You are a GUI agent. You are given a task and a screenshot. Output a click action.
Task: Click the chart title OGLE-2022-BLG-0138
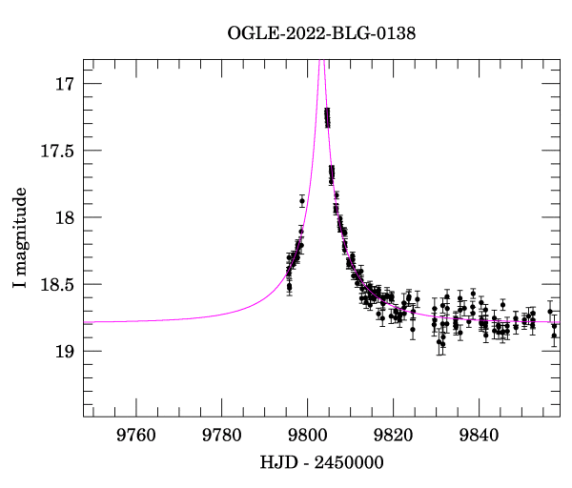tap(321, 33)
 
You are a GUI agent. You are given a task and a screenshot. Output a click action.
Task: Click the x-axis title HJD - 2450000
tap(321, 462)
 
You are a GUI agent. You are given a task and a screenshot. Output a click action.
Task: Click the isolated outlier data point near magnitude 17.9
tap(302, 200)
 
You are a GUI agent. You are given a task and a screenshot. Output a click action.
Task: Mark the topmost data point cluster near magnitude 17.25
tap(327, 117)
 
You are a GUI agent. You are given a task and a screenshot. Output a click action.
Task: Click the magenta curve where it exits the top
tap(319, 61)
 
